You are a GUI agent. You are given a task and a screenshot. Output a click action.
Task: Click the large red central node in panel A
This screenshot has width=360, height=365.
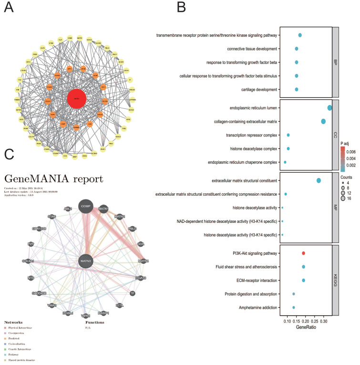pos(77,99)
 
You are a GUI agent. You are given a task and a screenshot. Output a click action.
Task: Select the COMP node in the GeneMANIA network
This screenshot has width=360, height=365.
pos(85,206)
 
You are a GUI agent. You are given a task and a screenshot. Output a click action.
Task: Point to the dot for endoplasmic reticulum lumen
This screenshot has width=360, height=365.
pos(329,108)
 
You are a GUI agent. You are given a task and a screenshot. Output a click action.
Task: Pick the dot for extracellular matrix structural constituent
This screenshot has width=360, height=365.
pos(319,180)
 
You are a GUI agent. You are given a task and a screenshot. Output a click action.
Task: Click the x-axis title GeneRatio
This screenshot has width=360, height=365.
pos(305,328)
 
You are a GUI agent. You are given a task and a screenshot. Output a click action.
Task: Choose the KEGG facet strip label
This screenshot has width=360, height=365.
pos(335,280)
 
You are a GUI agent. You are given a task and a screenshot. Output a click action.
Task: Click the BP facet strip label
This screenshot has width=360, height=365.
pos(335,62)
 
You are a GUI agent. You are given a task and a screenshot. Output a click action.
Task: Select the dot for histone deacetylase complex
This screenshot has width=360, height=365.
pos(288,149)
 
